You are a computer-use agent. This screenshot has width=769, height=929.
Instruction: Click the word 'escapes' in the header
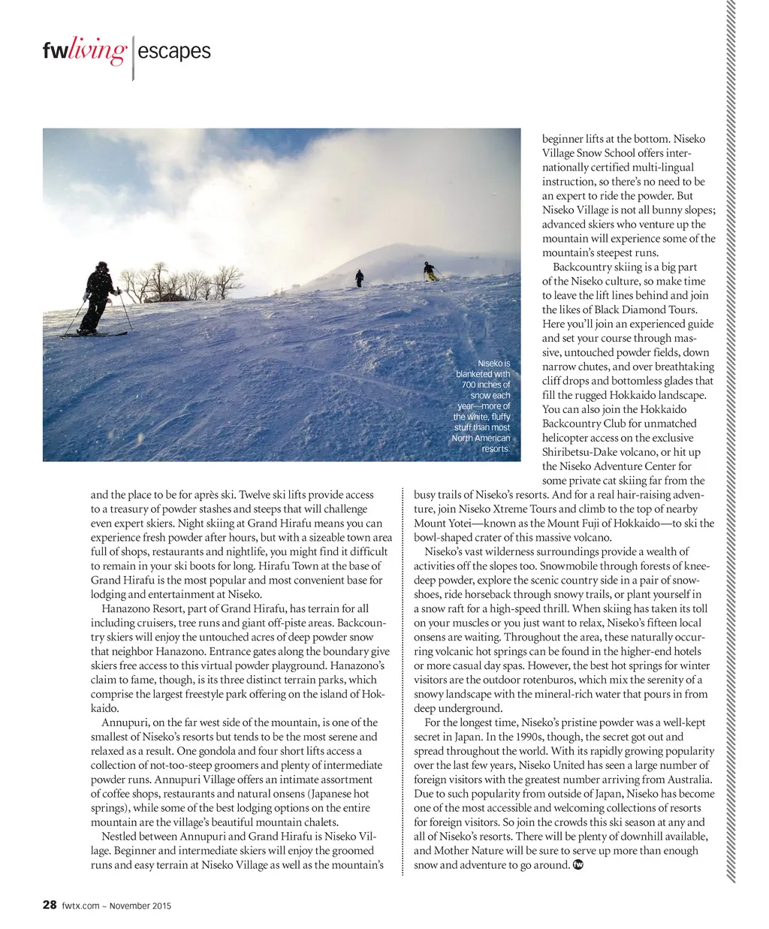point(174,51)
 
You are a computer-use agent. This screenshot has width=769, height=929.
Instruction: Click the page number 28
point(50,905)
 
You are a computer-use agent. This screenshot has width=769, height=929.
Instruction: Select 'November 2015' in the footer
point(140,906)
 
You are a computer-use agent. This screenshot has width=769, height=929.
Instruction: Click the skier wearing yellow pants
point(430,271)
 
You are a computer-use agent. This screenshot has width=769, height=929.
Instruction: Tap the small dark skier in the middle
point(360,278)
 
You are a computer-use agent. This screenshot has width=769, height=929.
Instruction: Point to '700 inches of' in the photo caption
point(485,385)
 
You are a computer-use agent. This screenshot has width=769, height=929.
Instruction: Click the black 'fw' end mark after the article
point(578,864)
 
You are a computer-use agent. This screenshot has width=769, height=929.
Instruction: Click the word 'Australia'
point(687,780)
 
